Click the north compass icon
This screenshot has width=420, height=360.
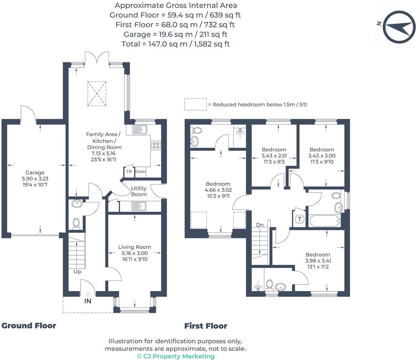[399, 27]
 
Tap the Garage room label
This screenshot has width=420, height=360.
[35, 173]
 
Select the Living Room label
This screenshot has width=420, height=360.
[135, 247]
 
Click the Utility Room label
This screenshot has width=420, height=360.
[139, 191]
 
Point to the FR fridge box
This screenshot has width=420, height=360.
[129, 171]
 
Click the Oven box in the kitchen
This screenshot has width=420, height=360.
[140, 171]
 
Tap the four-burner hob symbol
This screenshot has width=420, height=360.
[156, 145]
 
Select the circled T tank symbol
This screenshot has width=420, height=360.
[299, 219]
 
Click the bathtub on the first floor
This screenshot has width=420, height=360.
[325, 221]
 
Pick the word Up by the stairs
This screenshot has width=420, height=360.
[77, 272]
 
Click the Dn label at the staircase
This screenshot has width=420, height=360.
[260, 225]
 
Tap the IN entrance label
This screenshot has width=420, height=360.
[88, 301]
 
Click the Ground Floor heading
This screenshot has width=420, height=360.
[29, 326]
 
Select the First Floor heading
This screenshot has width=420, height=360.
[206, 326]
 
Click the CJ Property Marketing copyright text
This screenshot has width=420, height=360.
[176, 356]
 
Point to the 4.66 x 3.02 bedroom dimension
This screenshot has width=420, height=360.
[218, 190]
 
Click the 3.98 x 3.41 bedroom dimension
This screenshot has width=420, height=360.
[318, 261]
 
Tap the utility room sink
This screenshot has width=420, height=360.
[139, 206]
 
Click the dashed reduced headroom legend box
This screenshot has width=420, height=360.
[196, 104]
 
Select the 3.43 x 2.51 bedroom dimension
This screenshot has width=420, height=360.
[274, 156]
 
